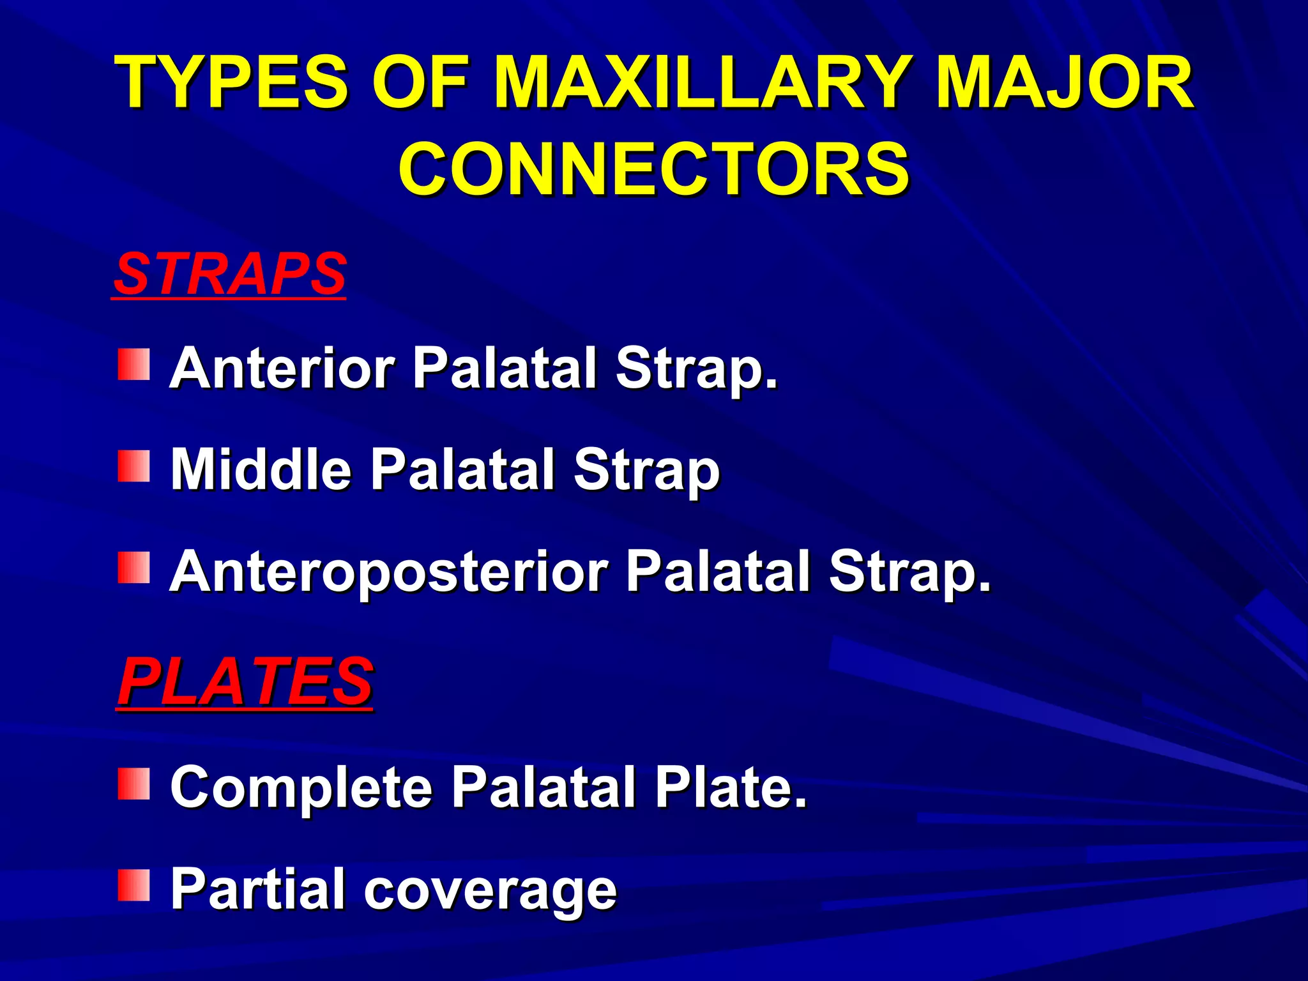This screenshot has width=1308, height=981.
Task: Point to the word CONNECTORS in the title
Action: point(653,169)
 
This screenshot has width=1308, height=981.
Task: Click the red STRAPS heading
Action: point(229,274)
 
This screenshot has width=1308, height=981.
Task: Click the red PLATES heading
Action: point(245,682)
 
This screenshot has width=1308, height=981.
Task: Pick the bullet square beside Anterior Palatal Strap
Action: point(133,365)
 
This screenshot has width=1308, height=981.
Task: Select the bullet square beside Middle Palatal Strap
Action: point(133,466)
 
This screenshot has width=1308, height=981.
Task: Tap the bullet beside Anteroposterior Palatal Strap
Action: point(133,568)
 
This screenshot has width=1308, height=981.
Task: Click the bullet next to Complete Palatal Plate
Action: point(133,784)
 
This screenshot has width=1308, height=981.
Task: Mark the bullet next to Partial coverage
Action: point(133,885)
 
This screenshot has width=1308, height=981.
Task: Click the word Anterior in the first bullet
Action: point(282,368)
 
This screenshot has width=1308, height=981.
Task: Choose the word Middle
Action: point(261,469)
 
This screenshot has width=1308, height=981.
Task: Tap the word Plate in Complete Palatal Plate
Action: point(731,787)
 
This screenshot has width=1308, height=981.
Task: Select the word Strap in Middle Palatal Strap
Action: point(646,471)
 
